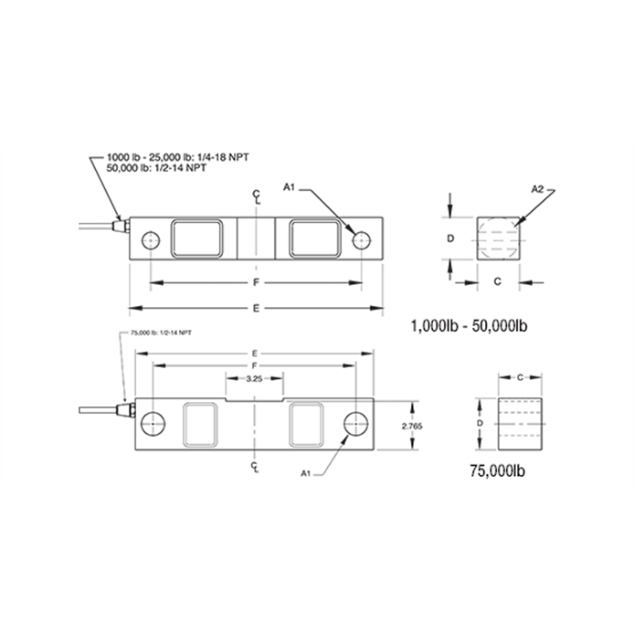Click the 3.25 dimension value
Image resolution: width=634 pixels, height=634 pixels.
tap(256, 378)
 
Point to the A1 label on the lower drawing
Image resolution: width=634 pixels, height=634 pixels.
tap(307, 471)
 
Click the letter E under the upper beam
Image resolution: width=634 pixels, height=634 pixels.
tap(257, 308)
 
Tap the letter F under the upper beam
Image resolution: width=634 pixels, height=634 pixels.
tap(257, 282)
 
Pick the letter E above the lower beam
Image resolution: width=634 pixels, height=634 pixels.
tap(255, 352)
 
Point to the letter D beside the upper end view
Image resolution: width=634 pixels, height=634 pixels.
tap(450, 238)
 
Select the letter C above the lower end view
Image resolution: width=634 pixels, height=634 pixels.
tap(519, 376)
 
